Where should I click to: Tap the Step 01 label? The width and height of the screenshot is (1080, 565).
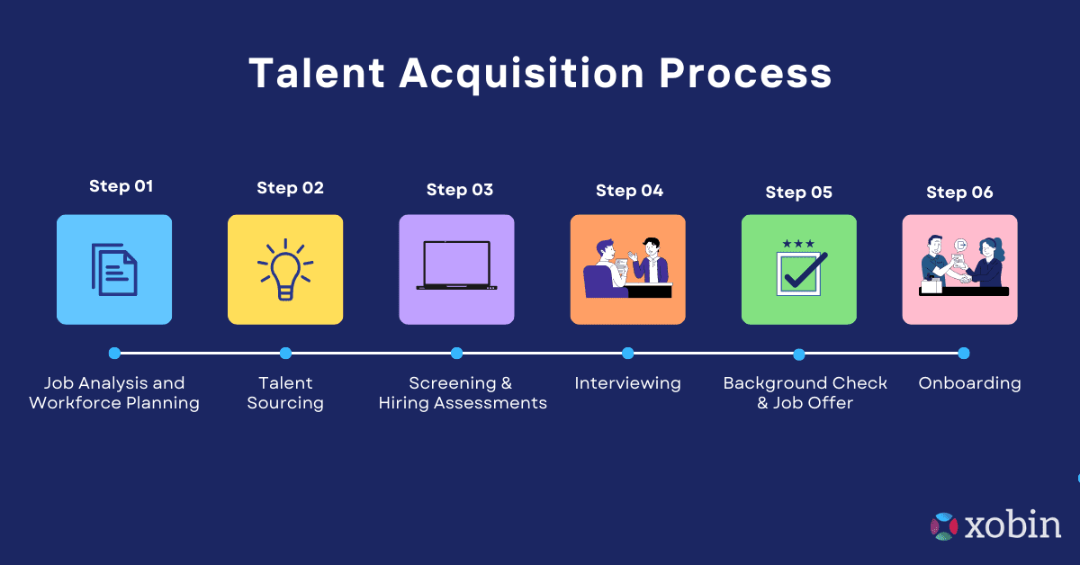(121, 186)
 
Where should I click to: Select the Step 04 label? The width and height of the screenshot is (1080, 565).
(629, 191)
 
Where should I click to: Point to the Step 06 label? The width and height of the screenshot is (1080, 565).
(959, 193)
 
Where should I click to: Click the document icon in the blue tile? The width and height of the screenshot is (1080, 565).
(114, 269)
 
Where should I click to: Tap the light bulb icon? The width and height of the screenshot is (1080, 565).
(285, 269)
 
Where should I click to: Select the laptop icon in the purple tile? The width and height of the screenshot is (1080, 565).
(456, 265)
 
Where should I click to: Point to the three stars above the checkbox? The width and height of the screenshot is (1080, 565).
(798, 244)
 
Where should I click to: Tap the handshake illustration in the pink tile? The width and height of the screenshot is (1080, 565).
(960, 268)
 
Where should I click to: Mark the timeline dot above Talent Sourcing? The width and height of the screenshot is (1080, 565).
(285, 354)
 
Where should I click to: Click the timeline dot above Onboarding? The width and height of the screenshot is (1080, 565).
(963, 354)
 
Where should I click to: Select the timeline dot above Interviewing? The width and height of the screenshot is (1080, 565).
(627, 354)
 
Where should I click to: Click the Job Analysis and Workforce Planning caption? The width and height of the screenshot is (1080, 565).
(114, 393)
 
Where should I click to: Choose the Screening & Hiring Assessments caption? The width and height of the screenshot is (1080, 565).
(462, 393)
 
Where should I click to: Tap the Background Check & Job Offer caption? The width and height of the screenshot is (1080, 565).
(805, 393)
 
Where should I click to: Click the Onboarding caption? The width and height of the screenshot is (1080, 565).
(969, 383)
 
